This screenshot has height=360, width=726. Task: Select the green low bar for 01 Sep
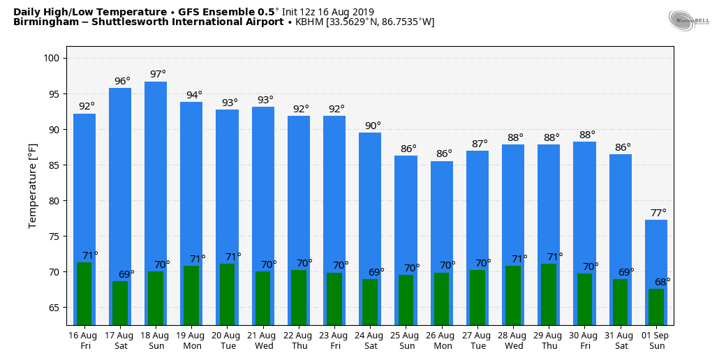click(x=656, y=307)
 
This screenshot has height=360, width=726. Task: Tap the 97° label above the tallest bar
click(x=158, y=75)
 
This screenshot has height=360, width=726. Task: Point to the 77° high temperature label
click(x=658, y=213)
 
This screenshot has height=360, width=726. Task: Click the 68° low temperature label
click(x=662, y=282)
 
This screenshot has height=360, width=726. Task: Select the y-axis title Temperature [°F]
click(x=33, y=186)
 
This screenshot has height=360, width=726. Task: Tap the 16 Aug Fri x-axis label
click(x=84, y=341)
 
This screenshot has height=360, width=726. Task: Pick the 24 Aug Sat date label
click(x=370, y=341)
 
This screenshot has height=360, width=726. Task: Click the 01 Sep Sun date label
click(x=656, y=341)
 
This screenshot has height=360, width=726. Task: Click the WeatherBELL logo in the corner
click(x=688, y=21)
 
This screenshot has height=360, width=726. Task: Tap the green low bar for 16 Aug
click(x=84, y=293)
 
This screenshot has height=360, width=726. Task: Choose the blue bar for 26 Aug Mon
click(x=442, y=209)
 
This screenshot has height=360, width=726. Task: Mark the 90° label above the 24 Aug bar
click(x=373, y=126)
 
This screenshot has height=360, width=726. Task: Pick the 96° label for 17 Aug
click(x=122, y=81)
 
